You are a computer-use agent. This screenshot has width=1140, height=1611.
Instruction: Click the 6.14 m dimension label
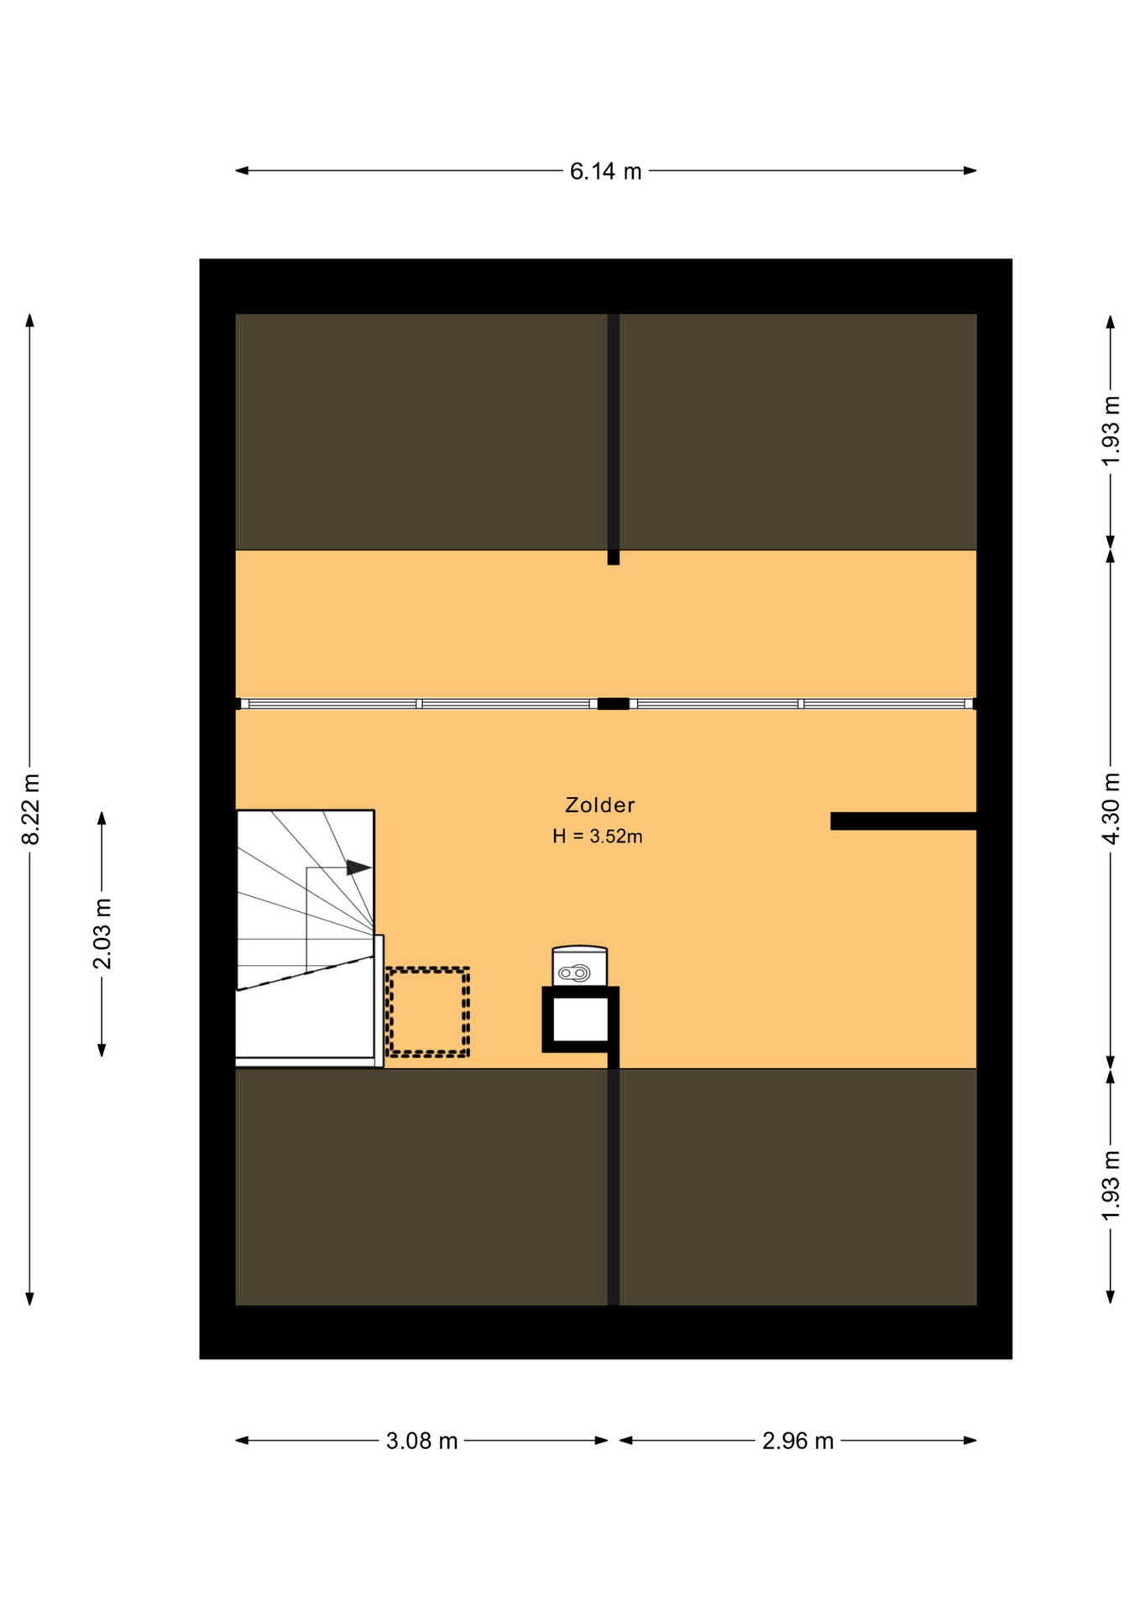[605, 171]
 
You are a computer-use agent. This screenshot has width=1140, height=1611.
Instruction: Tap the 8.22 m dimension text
[30, 809]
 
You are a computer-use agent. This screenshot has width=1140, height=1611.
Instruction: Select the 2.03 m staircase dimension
[102, 933]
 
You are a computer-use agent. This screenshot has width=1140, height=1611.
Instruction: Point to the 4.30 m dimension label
[1111, 809]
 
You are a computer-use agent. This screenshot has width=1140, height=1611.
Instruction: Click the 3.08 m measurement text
[421, 1442]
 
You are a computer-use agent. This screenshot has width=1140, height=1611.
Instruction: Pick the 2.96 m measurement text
[797, 1442]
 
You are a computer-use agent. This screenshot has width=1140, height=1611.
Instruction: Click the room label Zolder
[599, 805]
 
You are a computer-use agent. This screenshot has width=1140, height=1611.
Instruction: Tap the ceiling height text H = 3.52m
[598, 837]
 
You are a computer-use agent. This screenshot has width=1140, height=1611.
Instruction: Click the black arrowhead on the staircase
[359, 868]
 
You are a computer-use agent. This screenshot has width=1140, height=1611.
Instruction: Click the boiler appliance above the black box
[579, 966]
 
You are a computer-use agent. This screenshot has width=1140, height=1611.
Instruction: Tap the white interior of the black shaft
[580, 1019]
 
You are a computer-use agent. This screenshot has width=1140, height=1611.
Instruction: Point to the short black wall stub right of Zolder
[903, 821]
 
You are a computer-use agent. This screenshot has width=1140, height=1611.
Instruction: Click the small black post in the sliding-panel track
[614, 704]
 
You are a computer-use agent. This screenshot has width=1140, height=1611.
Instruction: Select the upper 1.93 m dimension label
[1111, 431]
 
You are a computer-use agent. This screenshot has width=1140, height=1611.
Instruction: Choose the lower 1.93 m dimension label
[1111, 1186]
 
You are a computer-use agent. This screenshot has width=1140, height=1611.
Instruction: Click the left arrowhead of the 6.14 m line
[242, 171]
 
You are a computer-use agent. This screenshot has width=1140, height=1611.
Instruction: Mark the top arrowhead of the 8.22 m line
[30, 321]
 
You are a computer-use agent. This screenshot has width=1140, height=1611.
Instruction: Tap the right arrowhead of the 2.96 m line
[970, 1441]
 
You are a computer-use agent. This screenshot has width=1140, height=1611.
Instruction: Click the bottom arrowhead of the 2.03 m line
[102, 1050]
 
